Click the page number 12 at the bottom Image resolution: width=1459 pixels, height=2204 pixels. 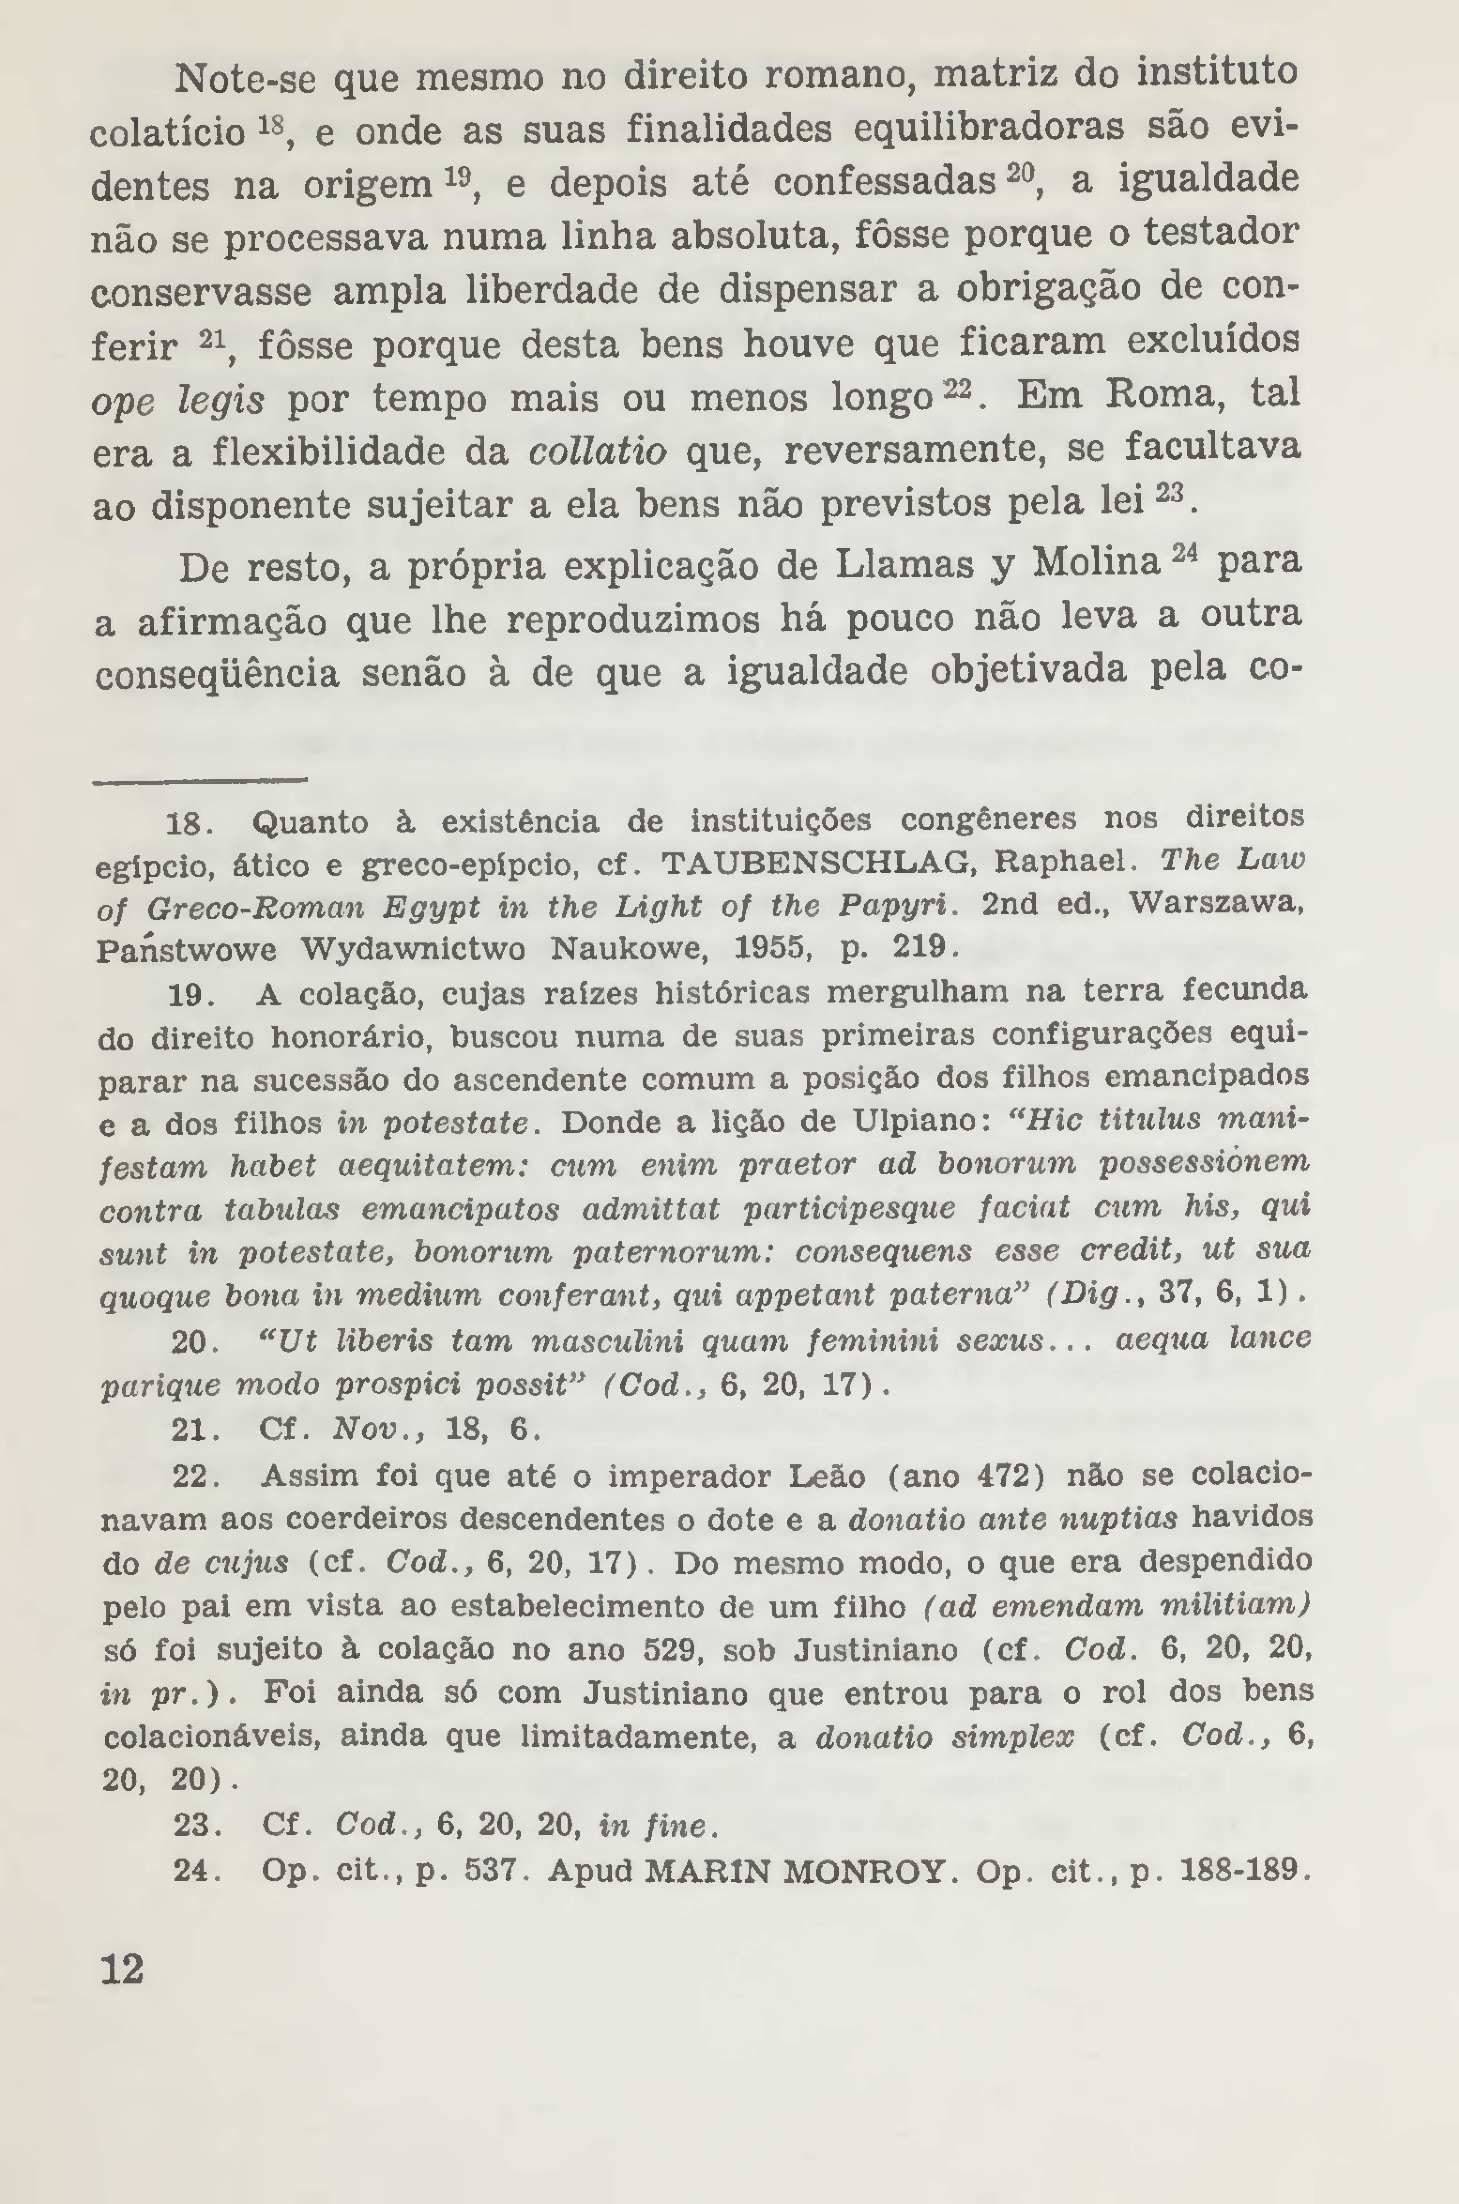[121, 1969]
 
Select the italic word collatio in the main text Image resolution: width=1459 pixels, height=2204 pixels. [597, 452]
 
